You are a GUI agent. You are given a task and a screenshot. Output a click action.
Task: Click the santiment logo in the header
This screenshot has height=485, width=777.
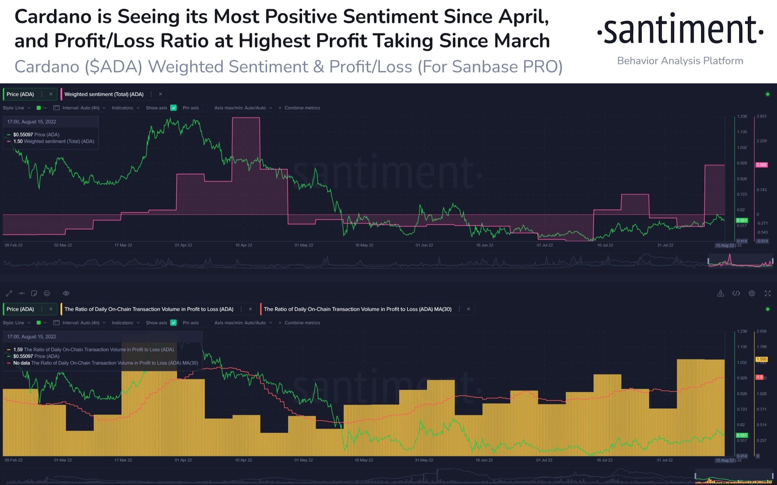pos(680,30)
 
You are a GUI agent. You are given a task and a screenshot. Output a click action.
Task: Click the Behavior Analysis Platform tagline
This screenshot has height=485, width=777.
pos(680,61)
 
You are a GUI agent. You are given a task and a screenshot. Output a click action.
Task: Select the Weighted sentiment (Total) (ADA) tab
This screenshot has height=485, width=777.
pos(104,94)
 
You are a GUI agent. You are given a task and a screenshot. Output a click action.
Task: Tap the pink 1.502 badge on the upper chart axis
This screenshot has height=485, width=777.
pos(761,165)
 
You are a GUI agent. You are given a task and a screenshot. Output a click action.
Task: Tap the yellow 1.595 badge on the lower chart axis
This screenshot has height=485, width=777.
pos(761,359)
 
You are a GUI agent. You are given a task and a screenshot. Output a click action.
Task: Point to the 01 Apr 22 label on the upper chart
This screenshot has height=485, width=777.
pos(183,245)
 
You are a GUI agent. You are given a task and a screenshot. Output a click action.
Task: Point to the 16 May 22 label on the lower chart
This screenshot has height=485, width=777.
pos(364,460)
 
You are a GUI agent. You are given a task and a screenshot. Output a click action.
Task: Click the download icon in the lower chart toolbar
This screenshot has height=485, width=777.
pos(720,293)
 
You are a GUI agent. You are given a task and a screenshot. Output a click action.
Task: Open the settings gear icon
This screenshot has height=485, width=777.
pos(752,293)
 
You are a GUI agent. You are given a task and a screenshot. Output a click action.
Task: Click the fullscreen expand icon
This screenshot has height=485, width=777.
pos(767,293)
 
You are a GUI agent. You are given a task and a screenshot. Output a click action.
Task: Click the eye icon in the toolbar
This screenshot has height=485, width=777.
pos(66,293)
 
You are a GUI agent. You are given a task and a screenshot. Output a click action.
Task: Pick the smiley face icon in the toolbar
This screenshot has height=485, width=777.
pos(47,293)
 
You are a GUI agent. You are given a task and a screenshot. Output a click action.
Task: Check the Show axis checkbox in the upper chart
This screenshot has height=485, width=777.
pos(174,108)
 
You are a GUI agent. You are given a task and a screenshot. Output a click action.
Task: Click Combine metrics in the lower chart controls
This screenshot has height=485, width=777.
pos(301,322)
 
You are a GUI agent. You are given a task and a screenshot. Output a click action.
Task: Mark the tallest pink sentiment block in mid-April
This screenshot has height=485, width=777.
pos(246,142)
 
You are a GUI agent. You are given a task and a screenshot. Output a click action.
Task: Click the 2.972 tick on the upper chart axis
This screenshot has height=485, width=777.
pos(761,116)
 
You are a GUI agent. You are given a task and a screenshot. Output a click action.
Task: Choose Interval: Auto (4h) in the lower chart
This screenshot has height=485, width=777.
pos(80,322)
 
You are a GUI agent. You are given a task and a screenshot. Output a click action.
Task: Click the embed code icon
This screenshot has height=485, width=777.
pos(736,293)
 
